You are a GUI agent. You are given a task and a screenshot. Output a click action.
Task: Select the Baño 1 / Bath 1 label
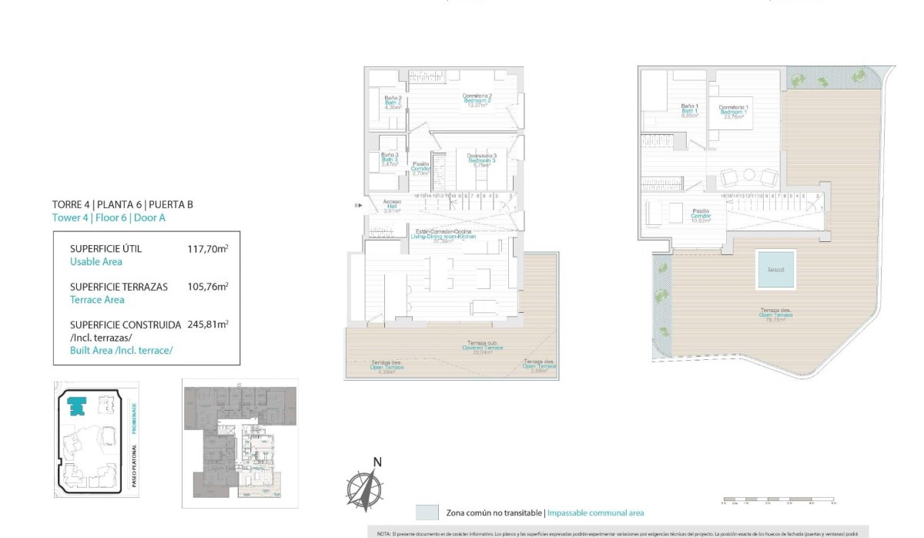click(689, 111)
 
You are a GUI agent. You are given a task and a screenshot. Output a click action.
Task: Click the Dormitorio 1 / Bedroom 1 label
click(733, 113)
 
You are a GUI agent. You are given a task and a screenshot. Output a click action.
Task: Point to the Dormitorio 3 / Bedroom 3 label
click(481, 160)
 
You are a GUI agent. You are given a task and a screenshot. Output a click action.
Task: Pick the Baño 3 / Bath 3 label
click(390, 160)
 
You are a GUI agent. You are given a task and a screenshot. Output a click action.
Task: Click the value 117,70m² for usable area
click(208, 249)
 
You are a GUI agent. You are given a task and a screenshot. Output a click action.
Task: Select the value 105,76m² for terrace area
click(208, 287)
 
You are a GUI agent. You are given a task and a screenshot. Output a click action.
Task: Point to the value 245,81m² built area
click(208, 324)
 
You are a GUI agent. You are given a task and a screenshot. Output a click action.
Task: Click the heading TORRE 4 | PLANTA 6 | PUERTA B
click(122, 204)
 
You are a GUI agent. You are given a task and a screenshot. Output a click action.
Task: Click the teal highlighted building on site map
click(78, 406)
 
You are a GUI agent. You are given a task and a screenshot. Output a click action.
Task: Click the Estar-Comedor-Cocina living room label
click(443, 234)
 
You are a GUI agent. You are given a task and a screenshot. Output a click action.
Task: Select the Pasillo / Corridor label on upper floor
click(700, 214)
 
